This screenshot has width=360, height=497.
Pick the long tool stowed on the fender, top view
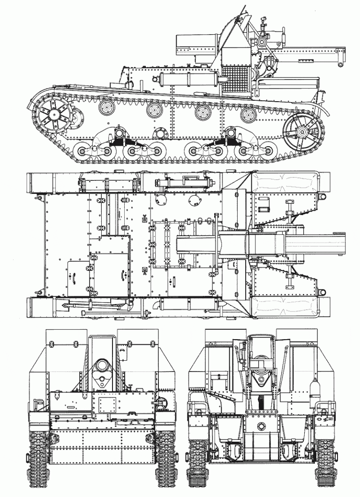[98, 306]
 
